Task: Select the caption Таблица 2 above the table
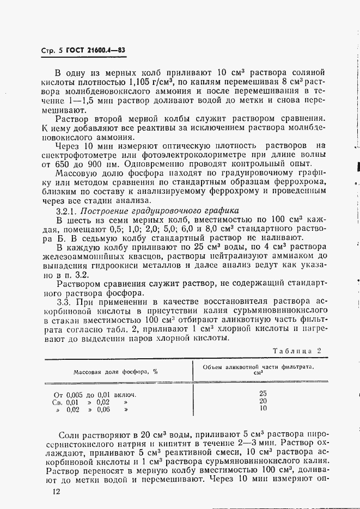point(297,351)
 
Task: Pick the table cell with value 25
point(263,393)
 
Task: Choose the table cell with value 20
point(263,401)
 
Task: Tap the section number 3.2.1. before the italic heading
point(69,211)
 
